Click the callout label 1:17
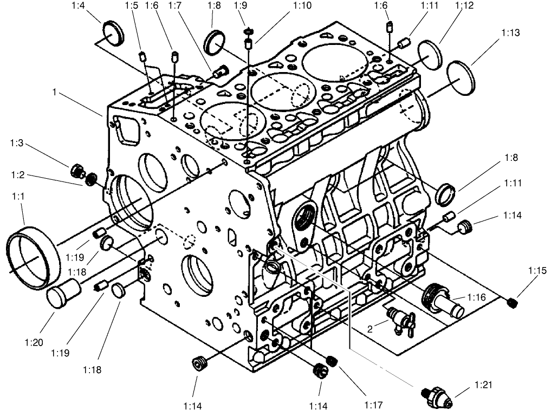(x=374, y=405)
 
